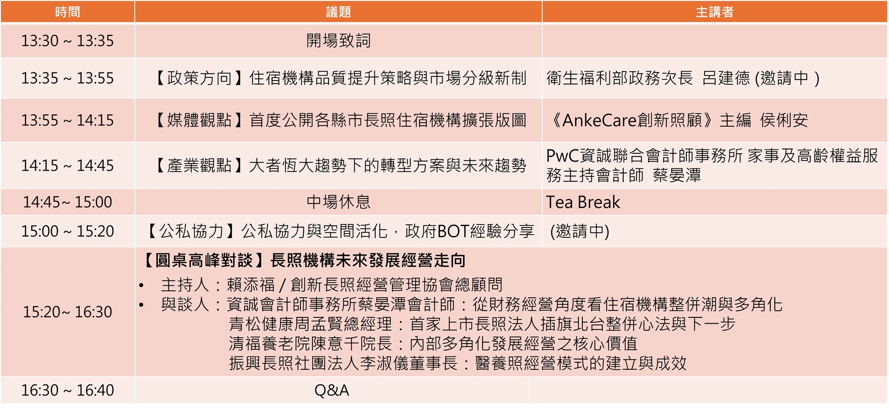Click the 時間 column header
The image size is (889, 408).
click(68, 12)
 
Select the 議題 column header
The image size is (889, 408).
click(338, 12)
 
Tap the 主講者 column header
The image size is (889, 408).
click(714, 12)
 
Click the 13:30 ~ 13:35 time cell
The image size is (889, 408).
click(68, 41)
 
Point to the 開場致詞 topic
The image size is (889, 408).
click(338, 41)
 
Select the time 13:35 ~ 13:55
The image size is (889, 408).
click(68, 78)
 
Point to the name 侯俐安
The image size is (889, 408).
click(784, 120)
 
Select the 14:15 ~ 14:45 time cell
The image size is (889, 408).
click(68, 166)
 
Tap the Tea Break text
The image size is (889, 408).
click(583, 203)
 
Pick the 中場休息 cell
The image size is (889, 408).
click(338, 202)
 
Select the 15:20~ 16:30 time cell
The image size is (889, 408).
click(68, 312)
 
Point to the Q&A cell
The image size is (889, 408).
click(332, 391)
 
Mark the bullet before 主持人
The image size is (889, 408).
click(141, 285)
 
